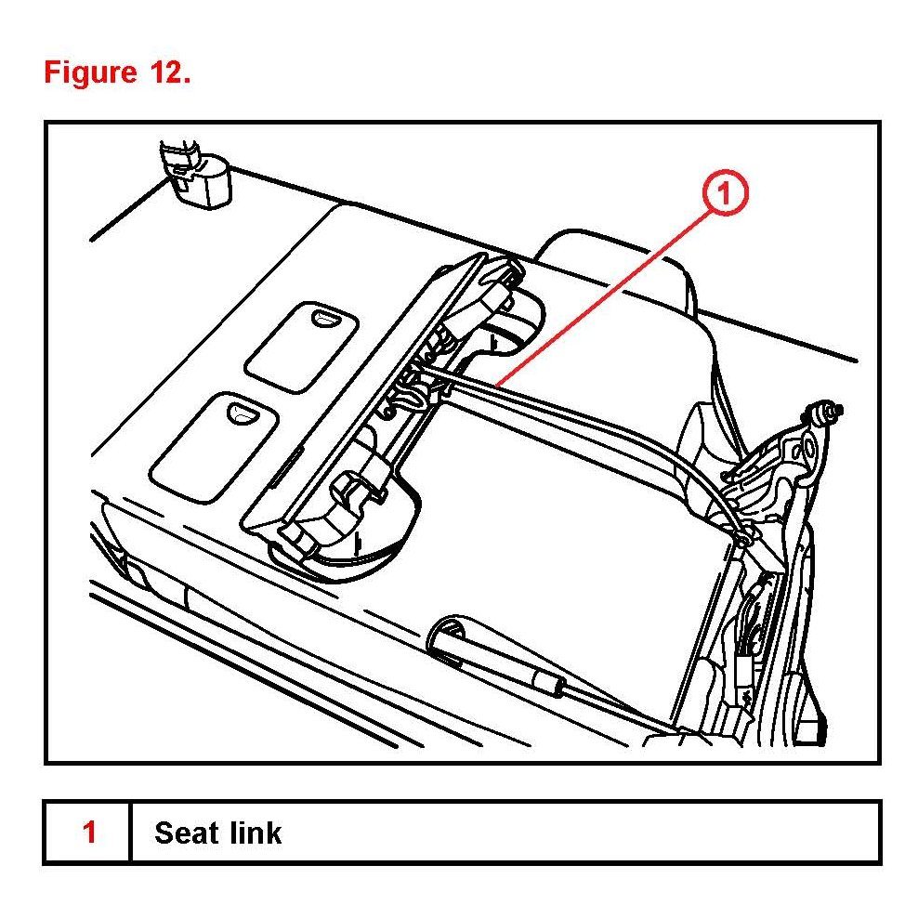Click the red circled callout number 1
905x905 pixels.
(725, 196)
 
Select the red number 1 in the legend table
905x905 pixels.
(89, 832)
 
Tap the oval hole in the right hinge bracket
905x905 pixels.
(807, 451)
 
